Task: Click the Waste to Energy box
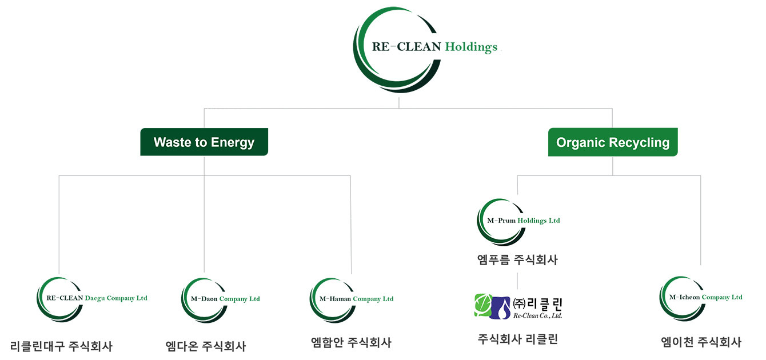tap(204, 142)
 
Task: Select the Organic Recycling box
tap(613, 142)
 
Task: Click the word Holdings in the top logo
tap(471, 47)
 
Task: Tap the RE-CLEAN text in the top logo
tap(406, 46)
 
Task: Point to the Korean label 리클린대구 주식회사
tap(61, 346)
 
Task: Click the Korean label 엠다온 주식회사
tap(206, 346)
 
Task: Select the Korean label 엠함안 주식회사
tap(351, 342)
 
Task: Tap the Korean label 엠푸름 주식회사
tap(517, 260)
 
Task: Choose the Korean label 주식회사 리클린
tap(518, 339)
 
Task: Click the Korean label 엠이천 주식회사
tap(701, 342)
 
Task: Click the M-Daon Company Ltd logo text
tap(225, 299)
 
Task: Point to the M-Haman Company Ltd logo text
tap(356, 299)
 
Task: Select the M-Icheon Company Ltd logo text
tap(706, 298)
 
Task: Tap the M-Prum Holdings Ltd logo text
tap(524, 221)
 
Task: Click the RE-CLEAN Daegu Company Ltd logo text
tap(97, 298)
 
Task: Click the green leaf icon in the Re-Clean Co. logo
tap(484, 305)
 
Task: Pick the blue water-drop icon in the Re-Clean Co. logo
tap(500, 308)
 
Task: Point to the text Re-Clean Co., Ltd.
tap(537, 315)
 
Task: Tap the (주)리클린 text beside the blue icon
tap(537, 303)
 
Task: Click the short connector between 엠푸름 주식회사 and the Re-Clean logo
tap(517, 281)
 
